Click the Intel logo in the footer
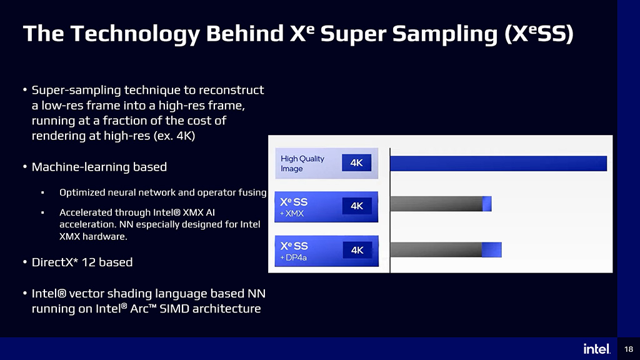(x=597, y=349)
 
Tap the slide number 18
(x=629, y=349)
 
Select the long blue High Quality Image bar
(x=498, y=163)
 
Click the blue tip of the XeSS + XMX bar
(x=487, y=204)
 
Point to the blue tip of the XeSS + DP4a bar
(x=492, y=249)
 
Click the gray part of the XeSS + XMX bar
(x=436, y=204)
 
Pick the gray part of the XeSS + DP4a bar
(x=436, y=249)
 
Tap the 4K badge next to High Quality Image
(x=356, y=163)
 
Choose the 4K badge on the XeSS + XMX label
(x=357, y=206)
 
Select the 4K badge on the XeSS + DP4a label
(x=357, y=250)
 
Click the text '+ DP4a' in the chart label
(x=294, y=257)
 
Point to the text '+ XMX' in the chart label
(x=292, y=214)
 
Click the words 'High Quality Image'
(x=302, y=163)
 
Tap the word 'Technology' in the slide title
(x=135, y=34)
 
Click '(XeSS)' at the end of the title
(x=539, y=34)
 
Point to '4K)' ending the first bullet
(x=186, y=136)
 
